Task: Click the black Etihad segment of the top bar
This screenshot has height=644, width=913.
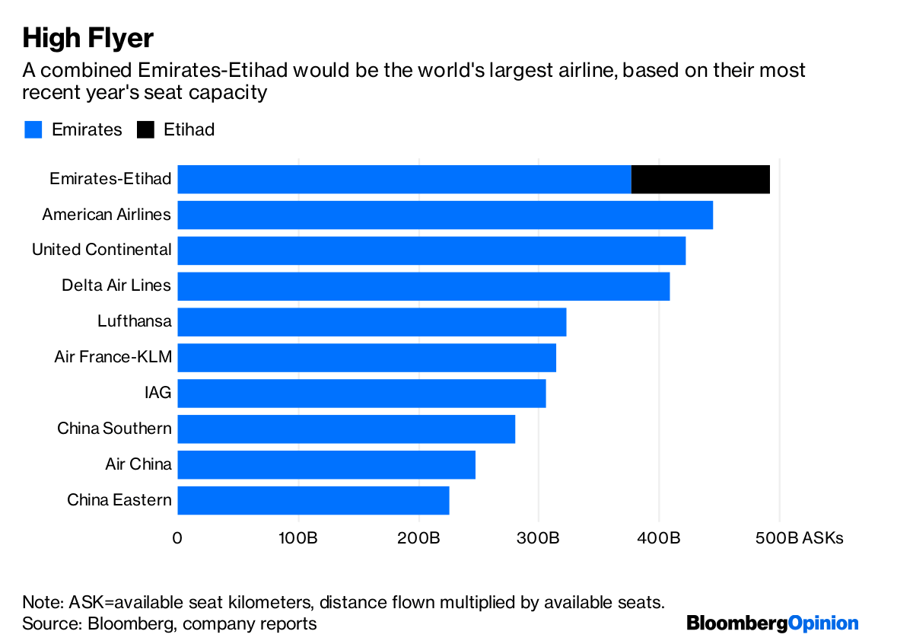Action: (700, 179)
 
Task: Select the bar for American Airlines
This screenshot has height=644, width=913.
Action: (445, 215)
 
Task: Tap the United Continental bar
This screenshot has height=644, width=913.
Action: (431, 250)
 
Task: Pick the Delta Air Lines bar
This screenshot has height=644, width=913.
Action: (423, 286)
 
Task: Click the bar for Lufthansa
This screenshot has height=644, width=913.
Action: (371, 322)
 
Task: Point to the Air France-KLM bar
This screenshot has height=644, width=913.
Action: (367, 358)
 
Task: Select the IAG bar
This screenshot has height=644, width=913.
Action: (361, 394)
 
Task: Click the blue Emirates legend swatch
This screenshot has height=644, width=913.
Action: (33, 129)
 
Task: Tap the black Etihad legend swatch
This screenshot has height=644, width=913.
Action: (145, 129)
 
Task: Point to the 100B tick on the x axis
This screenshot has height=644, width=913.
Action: (298, 538)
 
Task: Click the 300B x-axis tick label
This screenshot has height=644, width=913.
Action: (539, 538)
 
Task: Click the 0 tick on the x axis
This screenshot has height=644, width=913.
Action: (177, 538)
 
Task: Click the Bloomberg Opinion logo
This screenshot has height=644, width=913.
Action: (772, 623)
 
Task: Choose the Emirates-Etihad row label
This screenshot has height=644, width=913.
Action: (110, 179)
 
